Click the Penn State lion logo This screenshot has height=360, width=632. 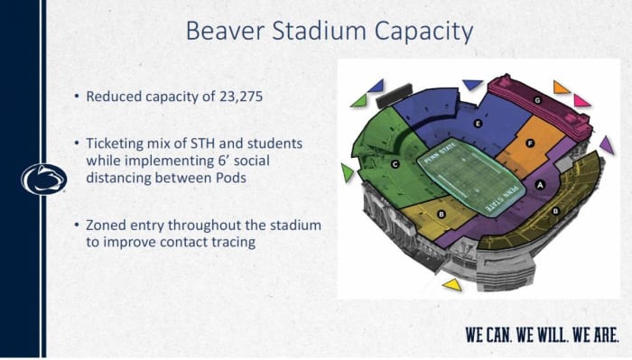[43, 179]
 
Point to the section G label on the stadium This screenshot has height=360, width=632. [537, 100]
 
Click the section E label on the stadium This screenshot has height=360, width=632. [477, 122]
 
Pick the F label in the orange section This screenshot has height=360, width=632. [531, 143]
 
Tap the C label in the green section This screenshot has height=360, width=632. [395, 164]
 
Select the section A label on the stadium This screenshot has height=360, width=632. [540, 183]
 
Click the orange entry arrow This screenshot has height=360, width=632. [561, 88]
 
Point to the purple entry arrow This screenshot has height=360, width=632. [606, 144]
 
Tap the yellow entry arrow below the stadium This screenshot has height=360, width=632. [452, 284]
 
